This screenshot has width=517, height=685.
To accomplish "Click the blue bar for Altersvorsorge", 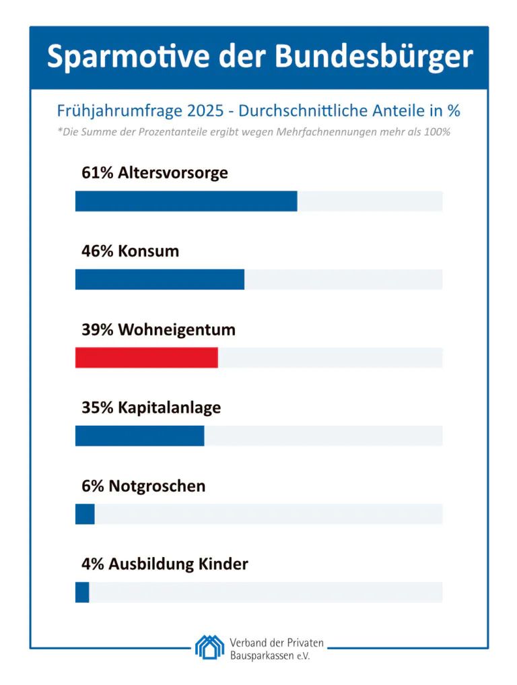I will pos(186,201).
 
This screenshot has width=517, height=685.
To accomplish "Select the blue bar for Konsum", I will pos(160,280).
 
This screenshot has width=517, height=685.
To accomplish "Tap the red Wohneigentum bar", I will pos(146,358).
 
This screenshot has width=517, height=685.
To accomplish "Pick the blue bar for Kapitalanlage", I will pos(139,436).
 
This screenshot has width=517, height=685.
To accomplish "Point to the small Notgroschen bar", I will pos(85,514).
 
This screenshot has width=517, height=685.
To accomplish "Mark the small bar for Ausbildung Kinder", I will pos(82,592).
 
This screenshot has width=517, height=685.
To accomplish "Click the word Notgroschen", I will pos(157,486).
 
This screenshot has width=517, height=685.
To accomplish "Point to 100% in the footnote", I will pos(438,132).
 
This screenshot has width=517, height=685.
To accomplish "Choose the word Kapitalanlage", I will pos(169,408).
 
